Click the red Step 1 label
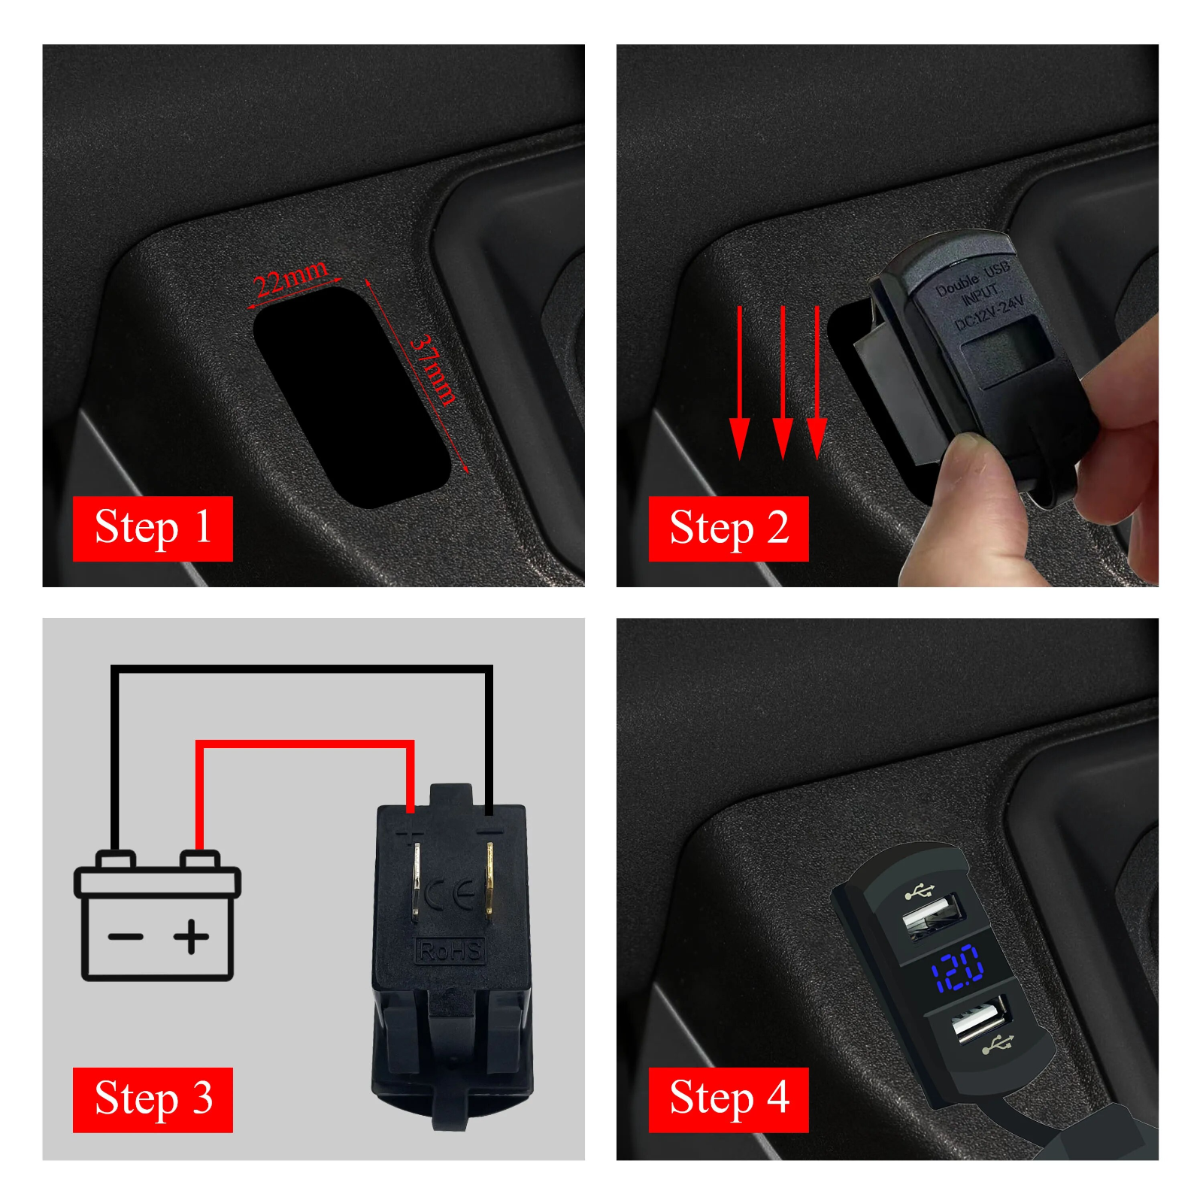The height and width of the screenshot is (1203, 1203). [x=153, y=528]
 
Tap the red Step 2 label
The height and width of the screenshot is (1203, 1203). [x=728, y=528]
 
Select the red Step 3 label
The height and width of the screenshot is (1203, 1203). [x=153, y=1098]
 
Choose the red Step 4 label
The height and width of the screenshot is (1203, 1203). [x=728, y=1098]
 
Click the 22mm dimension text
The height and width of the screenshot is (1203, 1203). [x=290, y=279]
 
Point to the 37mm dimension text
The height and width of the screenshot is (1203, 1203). [x=434, y=371]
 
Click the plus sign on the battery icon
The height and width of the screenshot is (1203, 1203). [x=192, y=936]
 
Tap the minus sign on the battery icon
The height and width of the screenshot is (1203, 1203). [x=126, y=936]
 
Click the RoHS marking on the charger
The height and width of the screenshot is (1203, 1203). [x=450, y=951]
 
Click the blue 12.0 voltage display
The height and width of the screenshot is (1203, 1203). [x=957, y=967]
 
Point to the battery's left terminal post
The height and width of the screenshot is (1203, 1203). [x=115, y=859]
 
